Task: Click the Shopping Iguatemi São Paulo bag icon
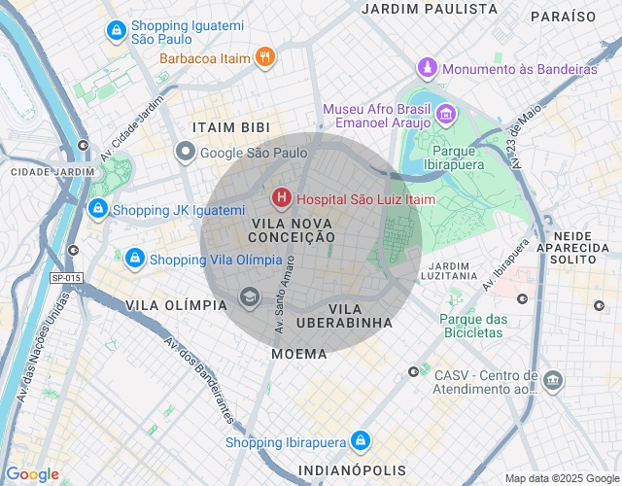pyautogui.click(x=116, y=31)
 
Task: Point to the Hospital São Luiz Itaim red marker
pyautogui.click(x=282, y=199)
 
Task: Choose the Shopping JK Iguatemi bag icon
pyautogui.click(x=98, y=210)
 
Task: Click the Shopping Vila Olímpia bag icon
pyautogui.click(x=135, y=259)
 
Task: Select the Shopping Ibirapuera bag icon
pyautogui.click(x=361, y=442)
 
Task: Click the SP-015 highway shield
pyautogui.click(x=66, y=278)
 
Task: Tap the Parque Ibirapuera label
pyautogui.click(x=454, y=158)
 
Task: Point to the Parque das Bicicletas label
pyautogui.click(x=473, y=326)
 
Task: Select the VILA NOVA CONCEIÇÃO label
pyautogui.click(x=293, y=229)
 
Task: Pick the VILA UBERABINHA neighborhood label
pyautogui.click(x=344, y=315)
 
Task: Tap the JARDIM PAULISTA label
pyautogui.click(x=429, y=9)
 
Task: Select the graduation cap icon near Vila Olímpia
pyautogui.click(x=250, y=296)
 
